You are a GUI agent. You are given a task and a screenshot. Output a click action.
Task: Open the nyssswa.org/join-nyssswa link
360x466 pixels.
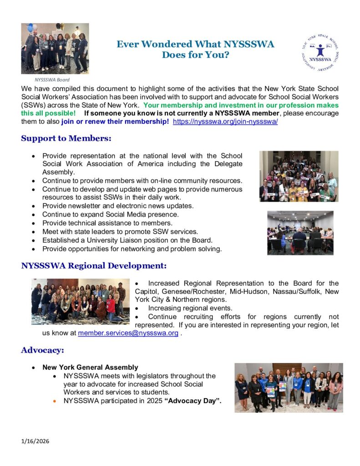(x=225, y=122)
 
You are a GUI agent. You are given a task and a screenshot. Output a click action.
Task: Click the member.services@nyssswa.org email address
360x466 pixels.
(x=128, y=333)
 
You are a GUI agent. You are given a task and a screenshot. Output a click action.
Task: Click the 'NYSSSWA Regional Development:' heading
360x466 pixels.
(x=94, y=265)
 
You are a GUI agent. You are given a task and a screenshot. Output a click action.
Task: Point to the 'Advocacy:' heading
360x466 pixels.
(x=42, y=350)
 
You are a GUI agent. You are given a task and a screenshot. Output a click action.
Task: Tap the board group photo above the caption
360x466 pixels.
(x=55, y=49)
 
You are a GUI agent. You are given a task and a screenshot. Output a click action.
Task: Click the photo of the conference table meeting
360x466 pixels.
(x=300, y=233)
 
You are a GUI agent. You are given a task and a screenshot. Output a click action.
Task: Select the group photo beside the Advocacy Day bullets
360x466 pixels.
(x=289, y=387)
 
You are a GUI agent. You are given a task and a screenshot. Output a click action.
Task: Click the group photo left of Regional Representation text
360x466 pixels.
(x=81, y=302)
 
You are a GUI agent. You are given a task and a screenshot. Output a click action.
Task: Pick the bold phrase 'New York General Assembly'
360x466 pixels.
(x=90, y=367)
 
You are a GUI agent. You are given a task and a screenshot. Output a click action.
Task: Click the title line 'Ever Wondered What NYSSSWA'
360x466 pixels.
(x=195, y=45)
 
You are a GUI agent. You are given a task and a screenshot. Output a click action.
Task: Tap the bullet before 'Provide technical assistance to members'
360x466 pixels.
(x=34, y=223)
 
